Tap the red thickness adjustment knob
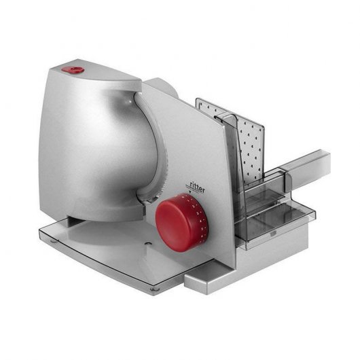[x=175, y=215]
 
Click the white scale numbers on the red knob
[x=196, y=209]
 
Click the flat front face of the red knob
[x=170, y=219]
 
